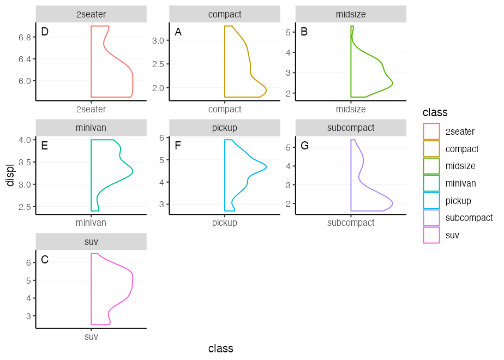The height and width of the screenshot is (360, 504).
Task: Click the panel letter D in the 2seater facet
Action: click(45, 32)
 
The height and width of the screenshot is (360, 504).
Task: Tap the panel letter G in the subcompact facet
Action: click(304, 146)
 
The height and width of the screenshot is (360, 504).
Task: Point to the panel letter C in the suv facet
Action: click(45, 260)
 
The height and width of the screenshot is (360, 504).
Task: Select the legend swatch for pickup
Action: click(431, 201)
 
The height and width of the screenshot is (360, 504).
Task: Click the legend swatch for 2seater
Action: click(431, 131)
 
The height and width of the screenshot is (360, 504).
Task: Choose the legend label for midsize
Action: click(460, 166)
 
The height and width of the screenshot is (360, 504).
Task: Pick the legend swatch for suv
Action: click(431, 235)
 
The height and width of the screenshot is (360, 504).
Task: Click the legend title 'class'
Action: click(435, 113)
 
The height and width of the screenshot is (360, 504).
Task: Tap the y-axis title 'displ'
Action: click(10, 175)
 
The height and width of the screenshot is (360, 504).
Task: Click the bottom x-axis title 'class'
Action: click(221, 349)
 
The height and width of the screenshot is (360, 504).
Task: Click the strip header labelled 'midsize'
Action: click(351, 14)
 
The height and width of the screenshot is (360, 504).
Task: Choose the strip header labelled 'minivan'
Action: click(91, 128)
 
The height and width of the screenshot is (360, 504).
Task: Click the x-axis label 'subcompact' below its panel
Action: click(351, 223)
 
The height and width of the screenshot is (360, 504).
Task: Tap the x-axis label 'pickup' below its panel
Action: click(225, 223)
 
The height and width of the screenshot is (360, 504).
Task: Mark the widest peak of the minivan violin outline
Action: click(133, 172)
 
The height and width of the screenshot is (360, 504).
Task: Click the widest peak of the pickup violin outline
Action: click(266, 166)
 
